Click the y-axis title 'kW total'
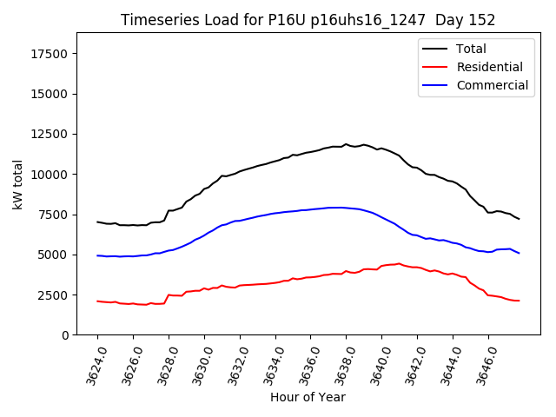point(17,184)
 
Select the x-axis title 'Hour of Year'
point(308,397)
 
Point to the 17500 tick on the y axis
point(49,54)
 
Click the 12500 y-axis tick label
point(49,135)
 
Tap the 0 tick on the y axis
point(64,335)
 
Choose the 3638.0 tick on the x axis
point(340,365)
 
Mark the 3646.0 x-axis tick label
point(482,365)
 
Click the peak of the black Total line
point(346,144)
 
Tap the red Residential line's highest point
point(398,263)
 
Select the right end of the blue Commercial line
point(519,253)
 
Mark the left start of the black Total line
point(97,222)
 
